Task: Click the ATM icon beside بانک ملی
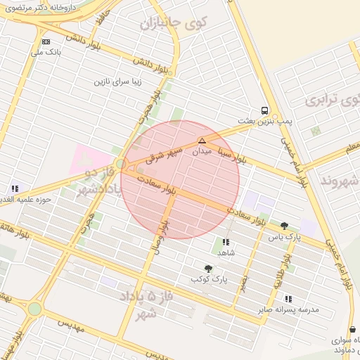[46, 41]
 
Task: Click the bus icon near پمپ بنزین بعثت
[264, 110]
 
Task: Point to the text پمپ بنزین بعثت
[264, 122]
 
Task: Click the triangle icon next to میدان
[202, 141]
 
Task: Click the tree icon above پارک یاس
[284, 226]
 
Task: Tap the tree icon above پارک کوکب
[208, 268]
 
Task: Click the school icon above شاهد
[225, 242]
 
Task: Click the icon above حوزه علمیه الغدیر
[15, 188]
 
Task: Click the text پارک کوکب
[210, 279]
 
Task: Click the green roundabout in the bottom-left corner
[34, 309]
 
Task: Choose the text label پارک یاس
[284, 238]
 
